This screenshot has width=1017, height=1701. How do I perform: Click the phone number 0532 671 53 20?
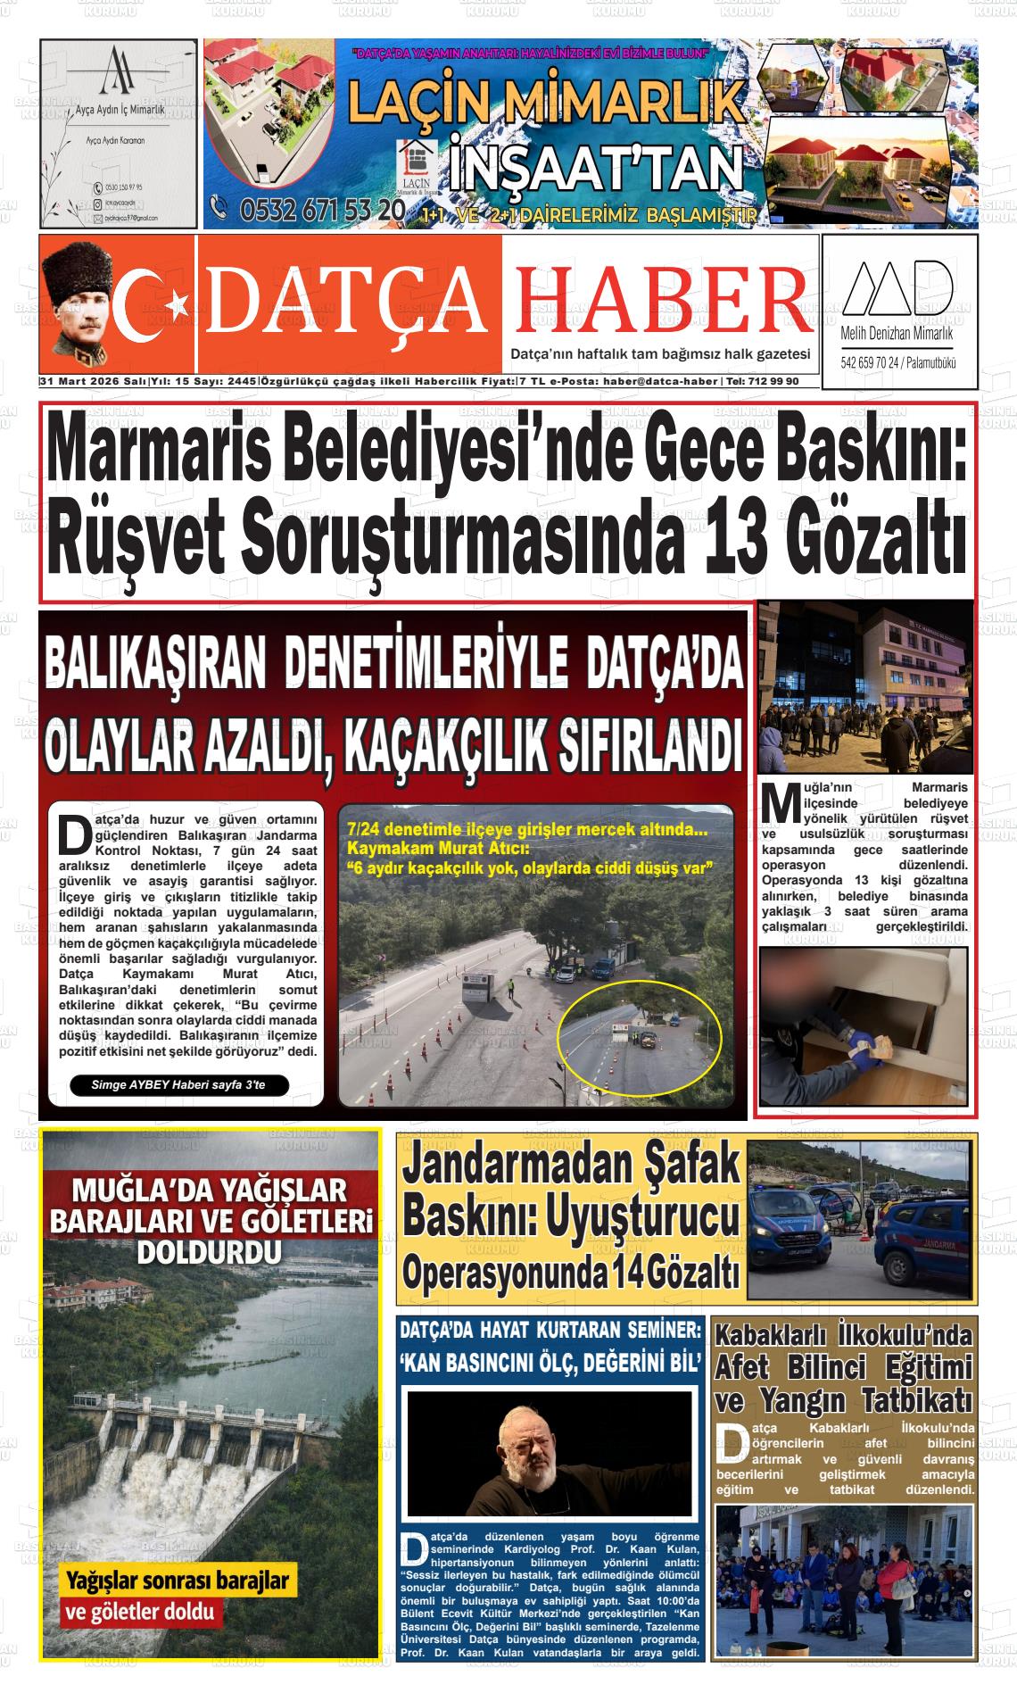coord(308,211)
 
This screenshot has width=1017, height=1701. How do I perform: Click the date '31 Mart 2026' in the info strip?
coord(81,382)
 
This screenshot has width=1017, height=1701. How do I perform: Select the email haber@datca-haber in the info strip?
coord(660,382)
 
